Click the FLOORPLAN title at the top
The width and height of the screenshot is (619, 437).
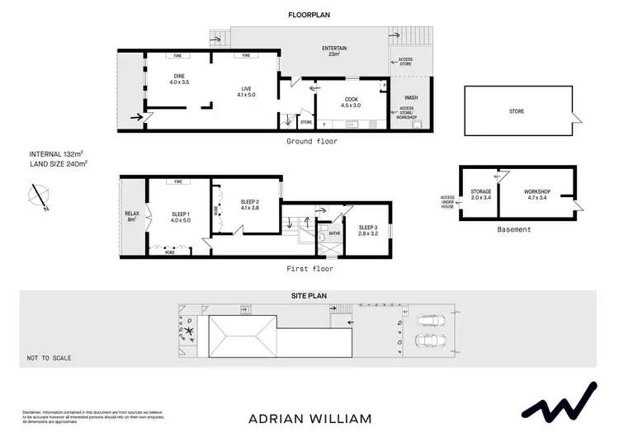coord(309,15)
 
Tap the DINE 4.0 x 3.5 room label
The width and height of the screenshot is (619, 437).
coord(179,79)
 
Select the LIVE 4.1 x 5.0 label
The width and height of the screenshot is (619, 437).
coord(246,91)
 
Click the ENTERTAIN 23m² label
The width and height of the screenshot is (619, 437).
coord(334,51)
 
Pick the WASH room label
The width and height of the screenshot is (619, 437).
coord(410,97)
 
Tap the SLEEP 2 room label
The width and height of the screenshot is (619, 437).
coord(249,204)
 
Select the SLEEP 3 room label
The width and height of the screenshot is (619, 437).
coord(368,230)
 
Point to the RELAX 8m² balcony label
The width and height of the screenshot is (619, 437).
coord(133,217)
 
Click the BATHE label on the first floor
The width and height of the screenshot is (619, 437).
coord(334,233)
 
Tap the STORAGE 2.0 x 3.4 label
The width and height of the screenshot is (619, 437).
coord(481,195)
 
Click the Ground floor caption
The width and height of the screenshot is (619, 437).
coord(312,141)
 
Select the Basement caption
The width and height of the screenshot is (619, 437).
coord(514,229)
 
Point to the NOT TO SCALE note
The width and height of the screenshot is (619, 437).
coord(49,358)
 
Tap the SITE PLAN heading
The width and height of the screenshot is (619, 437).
coord(309,295)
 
